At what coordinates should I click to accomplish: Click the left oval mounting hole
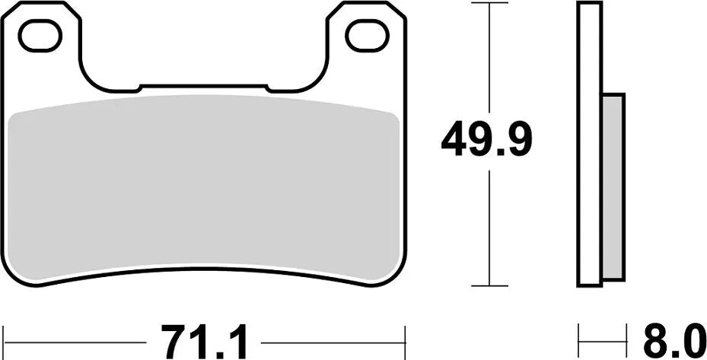[x=40, y=35]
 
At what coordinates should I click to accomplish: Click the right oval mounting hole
[x=367, y=35]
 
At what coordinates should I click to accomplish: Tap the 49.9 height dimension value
[x=487, y=140]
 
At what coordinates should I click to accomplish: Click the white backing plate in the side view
[x=590, y=145]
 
